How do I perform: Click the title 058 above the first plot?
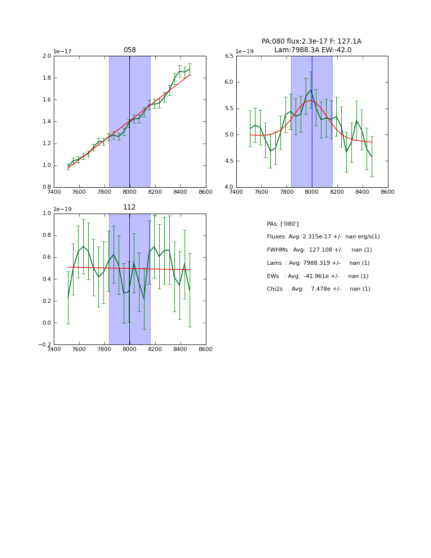[x=130, y=50]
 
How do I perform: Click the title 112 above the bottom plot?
[x=129, y=207]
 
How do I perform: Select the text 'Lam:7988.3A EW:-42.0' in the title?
[x=312, y=50]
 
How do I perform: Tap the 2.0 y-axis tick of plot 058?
[x=46, y=56]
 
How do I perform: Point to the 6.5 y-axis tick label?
[x=229, y=56]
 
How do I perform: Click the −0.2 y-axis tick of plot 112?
[x=45, y=345]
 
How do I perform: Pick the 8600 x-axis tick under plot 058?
[x=206, y=192]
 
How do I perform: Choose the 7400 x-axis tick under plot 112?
[x=54, y=349]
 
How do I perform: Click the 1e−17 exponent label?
[x=62, y=51]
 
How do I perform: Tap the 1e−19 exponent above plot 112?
[x=62, y=209]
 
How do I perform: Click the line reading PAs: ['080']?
[x=282, y=224]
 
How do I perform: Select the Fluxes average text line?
[x=323, y=237]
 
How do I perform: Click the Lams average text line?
[x=318, y=263]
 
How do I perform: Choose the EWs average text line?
[x=317, y=276]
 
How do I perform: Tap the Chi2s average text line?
[x=318, y=289]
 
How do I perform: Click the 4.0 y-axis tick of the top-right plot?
[x=229, y=187]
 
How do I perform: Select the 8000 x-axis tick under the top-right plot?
[x=312, y=192]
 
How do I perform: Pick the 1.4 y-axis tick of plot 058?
[x=46, y=122]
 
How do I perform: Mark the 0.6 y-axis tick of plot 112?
[x=46, y=257]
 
